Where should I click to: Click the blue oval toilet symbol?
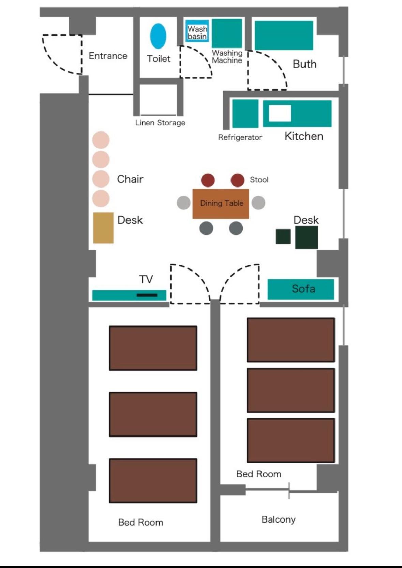coord(158,36)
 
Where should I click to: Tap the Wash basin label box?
coord(197,31)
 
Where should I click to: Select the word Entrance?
coord(108,56)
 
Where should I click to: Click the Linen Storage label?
coord(160,123)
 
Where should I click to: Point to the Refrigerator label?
coord(240,137)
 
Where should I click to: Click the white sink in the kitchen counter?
coord(280,113)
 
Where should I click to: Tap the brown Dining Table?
coord(221,204)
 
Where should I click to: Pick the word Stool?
coord(259,180)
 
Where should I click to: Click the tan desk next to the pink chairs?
coord(103,228)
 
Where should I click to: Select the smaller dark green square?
coord(283,237)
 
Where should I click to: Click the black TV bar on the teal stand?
coord(147,295)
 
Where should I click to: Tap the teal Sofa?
coord(301,289)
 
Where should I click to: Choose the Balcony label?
coord(279,519)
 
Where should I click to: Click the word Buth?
coord(304,64)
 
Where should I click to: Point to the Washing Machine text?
coord(227,57)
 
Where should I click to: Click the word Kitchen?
coord(304,136)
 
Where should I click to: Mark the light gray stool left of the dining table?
coord(183,203)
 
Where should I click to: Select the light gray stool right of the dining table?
coord(258,203)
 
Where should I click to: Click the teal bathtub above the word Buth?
coord(284,35)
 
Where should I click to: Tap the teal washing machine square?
coord(227,33)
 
